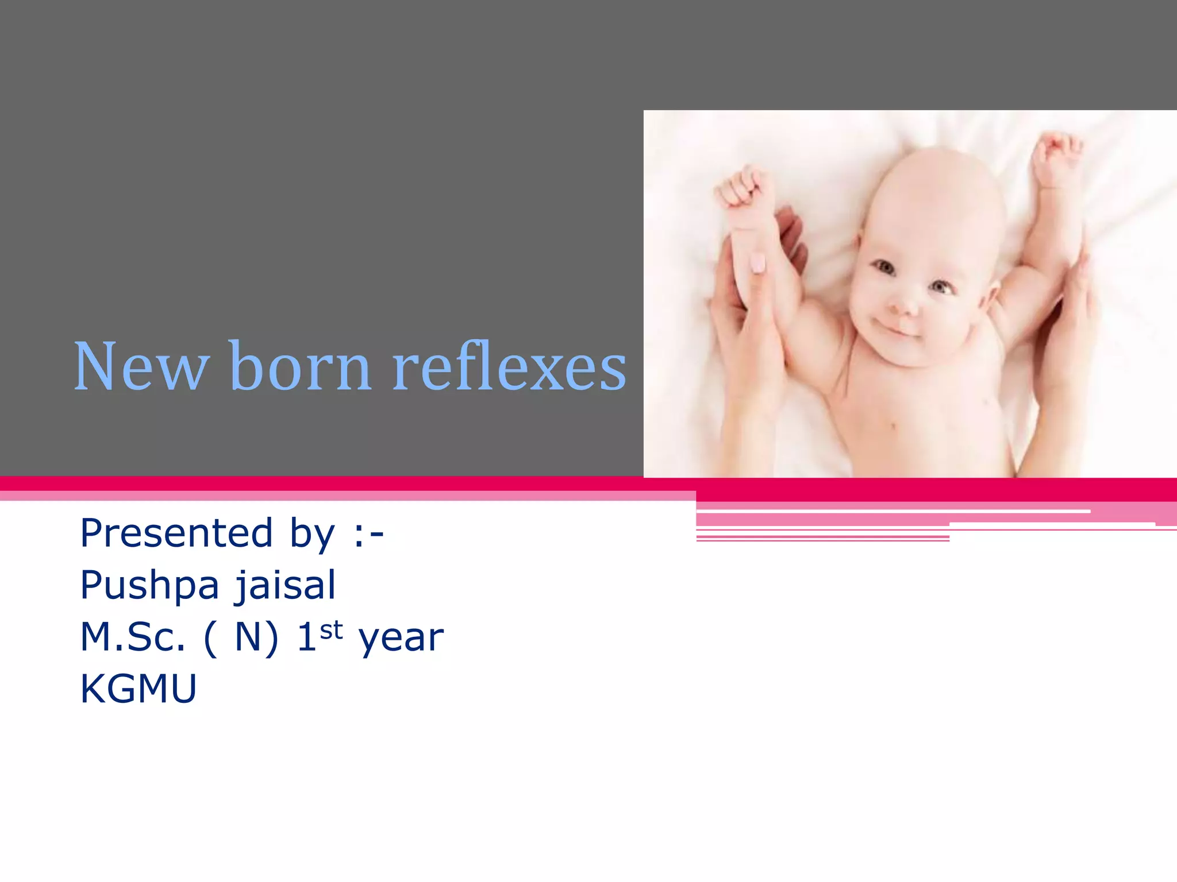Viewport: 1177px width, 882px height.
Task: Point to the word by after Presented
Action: (312, 534)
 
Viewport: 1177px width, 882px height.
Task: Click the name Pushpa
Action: (149, 586)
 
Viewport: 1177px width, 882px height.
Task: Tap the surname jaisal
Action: (285, 586)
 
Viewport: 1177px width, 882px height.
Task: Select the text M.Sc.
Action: (133, 637)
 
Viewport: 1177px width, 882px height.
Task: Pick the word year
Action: (401, 639)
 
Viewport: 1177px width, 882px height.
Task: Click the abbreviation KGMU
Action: (139, 688)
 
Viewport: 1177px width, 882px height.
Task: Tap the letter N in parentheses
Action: (248, 637)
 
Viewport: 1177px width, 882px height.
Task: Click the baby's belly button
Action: (893, 426)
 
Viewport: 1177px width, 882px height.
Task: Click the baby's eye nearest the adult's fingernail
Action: (884, 267)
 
